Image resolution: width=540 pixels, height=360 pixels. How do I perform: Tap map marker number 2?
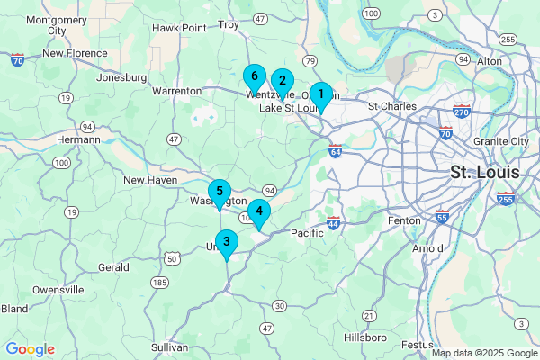coord(282,82)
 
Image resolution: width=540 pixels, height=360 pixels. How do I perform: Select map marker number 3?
coord(226,242)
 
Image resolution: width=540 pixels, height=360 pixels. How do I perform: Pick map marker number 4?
coord(259,213)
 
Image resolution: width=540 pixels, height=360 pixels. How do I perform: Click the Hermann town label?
coord(78,140)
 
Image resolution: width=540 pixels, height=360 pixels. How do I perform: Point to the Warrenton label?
coord(177,91)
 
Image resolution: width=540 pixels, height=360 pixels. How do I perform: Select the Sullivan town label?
coord(169,346)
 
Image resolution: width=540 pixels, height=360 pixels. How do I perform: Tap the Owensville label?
coord(58,290)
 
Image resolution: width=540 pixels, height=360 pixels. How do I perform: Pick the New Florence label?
coord(76,53)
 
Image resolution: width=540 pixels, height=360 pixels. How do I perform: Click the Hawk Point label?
coord(179,28)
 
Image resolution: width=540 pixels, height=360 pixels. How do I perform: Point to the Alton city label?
coord(490,60)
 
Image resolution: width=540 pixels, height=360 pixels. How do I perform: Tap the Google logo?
coord(30,349)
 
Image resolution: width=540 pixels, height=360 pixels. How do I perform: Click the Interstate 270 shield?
coord(462,112)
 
